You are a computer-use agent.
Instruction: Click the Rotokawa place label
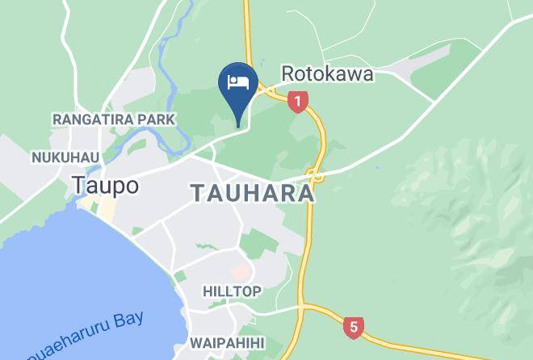[327, 73]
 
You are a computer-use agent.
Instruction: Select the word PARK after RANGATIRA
[156, 119]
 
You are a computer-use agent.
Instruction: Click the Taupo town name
[105, 185]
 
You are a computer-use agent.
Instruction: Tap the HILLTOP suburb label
[232, 291]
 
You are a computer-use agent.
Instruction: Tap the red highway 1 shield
[299, 102]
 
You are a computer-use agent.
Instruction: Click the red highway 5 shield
[351, 327]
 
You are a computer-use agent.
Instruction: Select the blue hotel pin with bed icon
[238, 83]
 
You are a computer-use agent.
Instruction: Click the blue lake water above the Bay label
[65, 266]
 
